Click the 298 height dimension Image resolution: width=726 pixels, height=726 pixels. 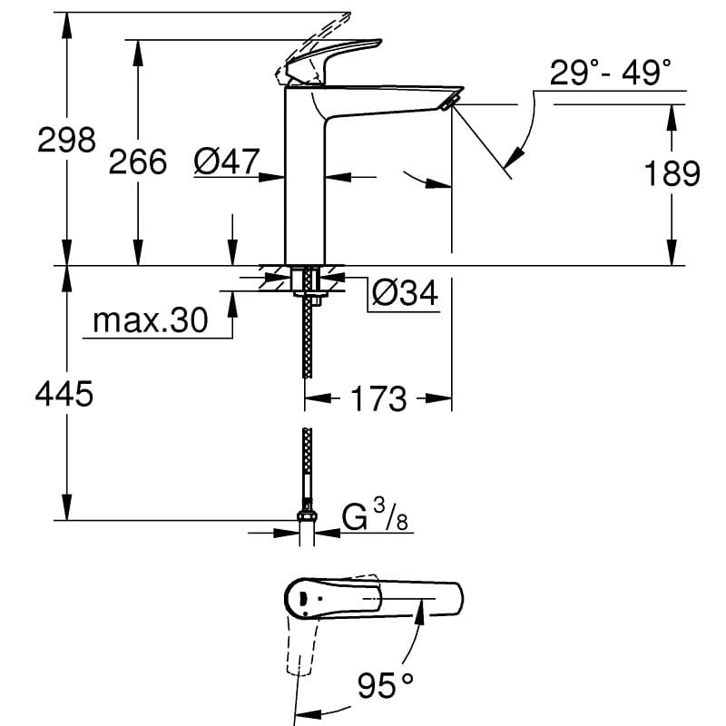pos(66,140)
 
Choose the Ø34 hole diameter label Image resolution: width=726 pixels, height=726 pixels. pos(405,292)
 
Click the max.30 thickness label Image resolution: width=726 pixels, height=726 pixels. pos(151,319)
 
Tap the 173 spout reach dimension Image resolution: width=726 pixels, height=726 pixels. pos(378,398)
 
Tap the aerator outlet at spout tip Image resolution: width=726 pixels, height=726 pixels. pos(449,102)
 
